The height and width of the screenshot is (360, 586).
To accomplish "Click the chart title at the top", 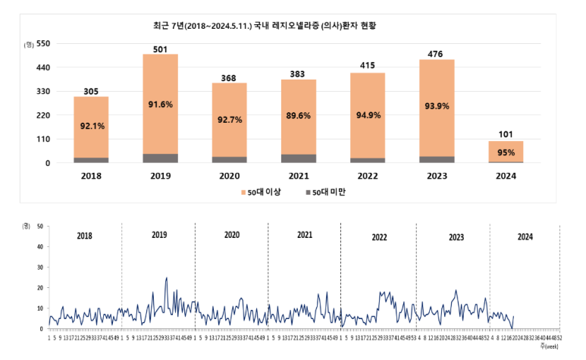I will point(264,25).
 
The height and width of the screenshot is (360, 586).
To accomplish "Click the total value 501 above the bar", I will point(160,49).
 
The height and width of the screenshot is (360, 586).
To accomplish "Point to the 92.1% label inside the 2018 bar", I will point(91,127).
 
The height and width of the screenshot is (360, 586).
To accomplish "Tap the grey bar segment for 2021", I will point(298,158).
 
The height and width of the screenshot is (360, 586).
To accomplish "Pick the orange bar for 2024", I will point(505,151).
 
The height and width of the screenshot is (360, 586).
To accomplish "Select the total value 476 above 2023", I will point(436,53).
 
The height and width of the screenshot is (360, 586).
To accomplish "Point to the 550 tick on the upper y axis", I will point(43,44).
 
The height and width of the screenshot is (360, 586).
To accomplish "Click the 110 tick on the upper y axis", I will point(43,139).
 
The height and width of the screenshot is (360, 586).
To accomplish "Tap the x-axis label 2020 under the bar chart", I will point(229,176).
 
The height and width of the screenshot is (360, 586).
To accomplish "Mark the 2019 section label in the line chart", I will point(158,236).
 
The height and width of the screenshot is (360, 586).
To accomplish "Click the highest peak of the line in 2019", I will point(166,278).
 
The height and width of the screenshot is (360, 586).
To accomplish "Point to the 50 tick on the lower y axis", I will point(39,226).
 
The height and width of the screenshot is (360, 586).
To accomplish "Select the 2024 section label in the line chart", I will point(524,236).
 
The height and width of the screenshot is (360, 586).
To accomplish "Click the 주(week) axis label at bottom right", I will point(550,346).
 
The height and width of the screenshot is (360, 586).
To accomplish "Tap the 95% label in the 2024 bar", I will point(506,152).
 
